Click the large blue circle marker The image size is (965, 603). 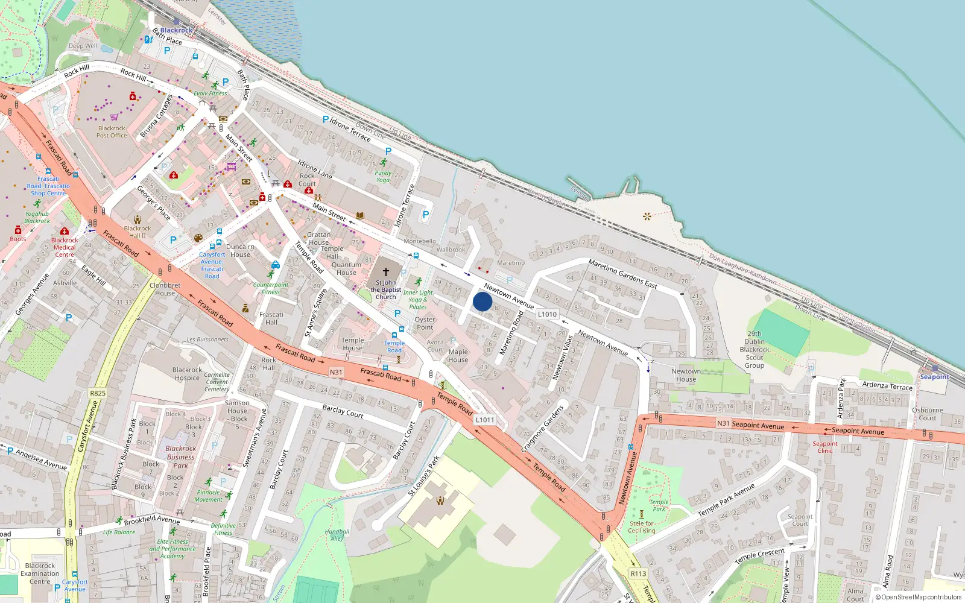(x=482, y=301)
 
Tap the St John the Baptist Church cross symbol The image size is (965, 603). (x=386, y=272)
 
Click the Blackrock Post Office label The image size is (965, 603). (x=112, y=131)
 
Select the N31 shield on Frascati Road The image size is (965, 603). (x=336, y=372)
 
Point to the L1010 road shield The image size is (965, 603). (x=547, y=314)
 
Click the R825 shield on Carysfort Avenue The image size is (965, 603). (x=98, y=393)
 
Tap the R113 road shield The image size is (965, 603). (x=638, y=573)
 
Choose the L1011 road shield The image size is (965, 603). (x=485, y=420)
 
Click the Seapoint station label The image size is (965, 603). (x=934, y=377)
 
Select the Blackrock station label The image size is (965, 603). (x=176, y=30)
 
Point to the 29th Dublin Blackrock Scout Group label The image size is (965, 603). (x=755, y=349)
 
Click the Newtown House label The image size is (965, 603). (x=686, y=375)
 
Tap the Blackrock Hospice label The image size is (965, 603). (x=187, y=374)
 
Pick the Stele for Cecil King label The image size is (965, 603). (x=641, y=527)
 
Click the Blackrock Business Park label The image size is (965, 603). (x=180, y=456)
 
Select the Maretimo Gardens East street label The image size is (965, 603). (x=622, y=273)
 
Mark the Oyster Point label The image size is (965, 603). (x=425, y=323)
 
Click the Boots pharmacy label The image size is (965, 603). (x=18, y=239)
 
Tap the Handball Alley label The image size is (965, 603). (x=337, y=535)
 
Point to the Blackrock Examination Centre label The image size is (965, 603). (x=40, y=573)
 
